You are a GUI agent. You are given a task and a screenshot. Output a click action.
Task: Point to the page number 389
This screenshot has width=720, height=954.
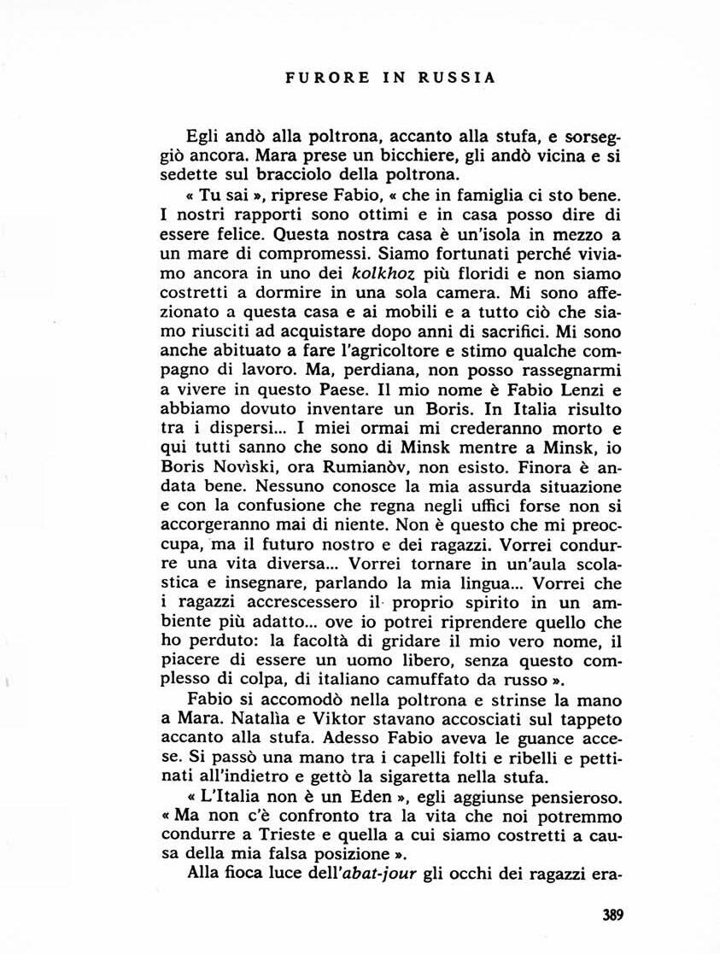(x=613, y=915)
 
